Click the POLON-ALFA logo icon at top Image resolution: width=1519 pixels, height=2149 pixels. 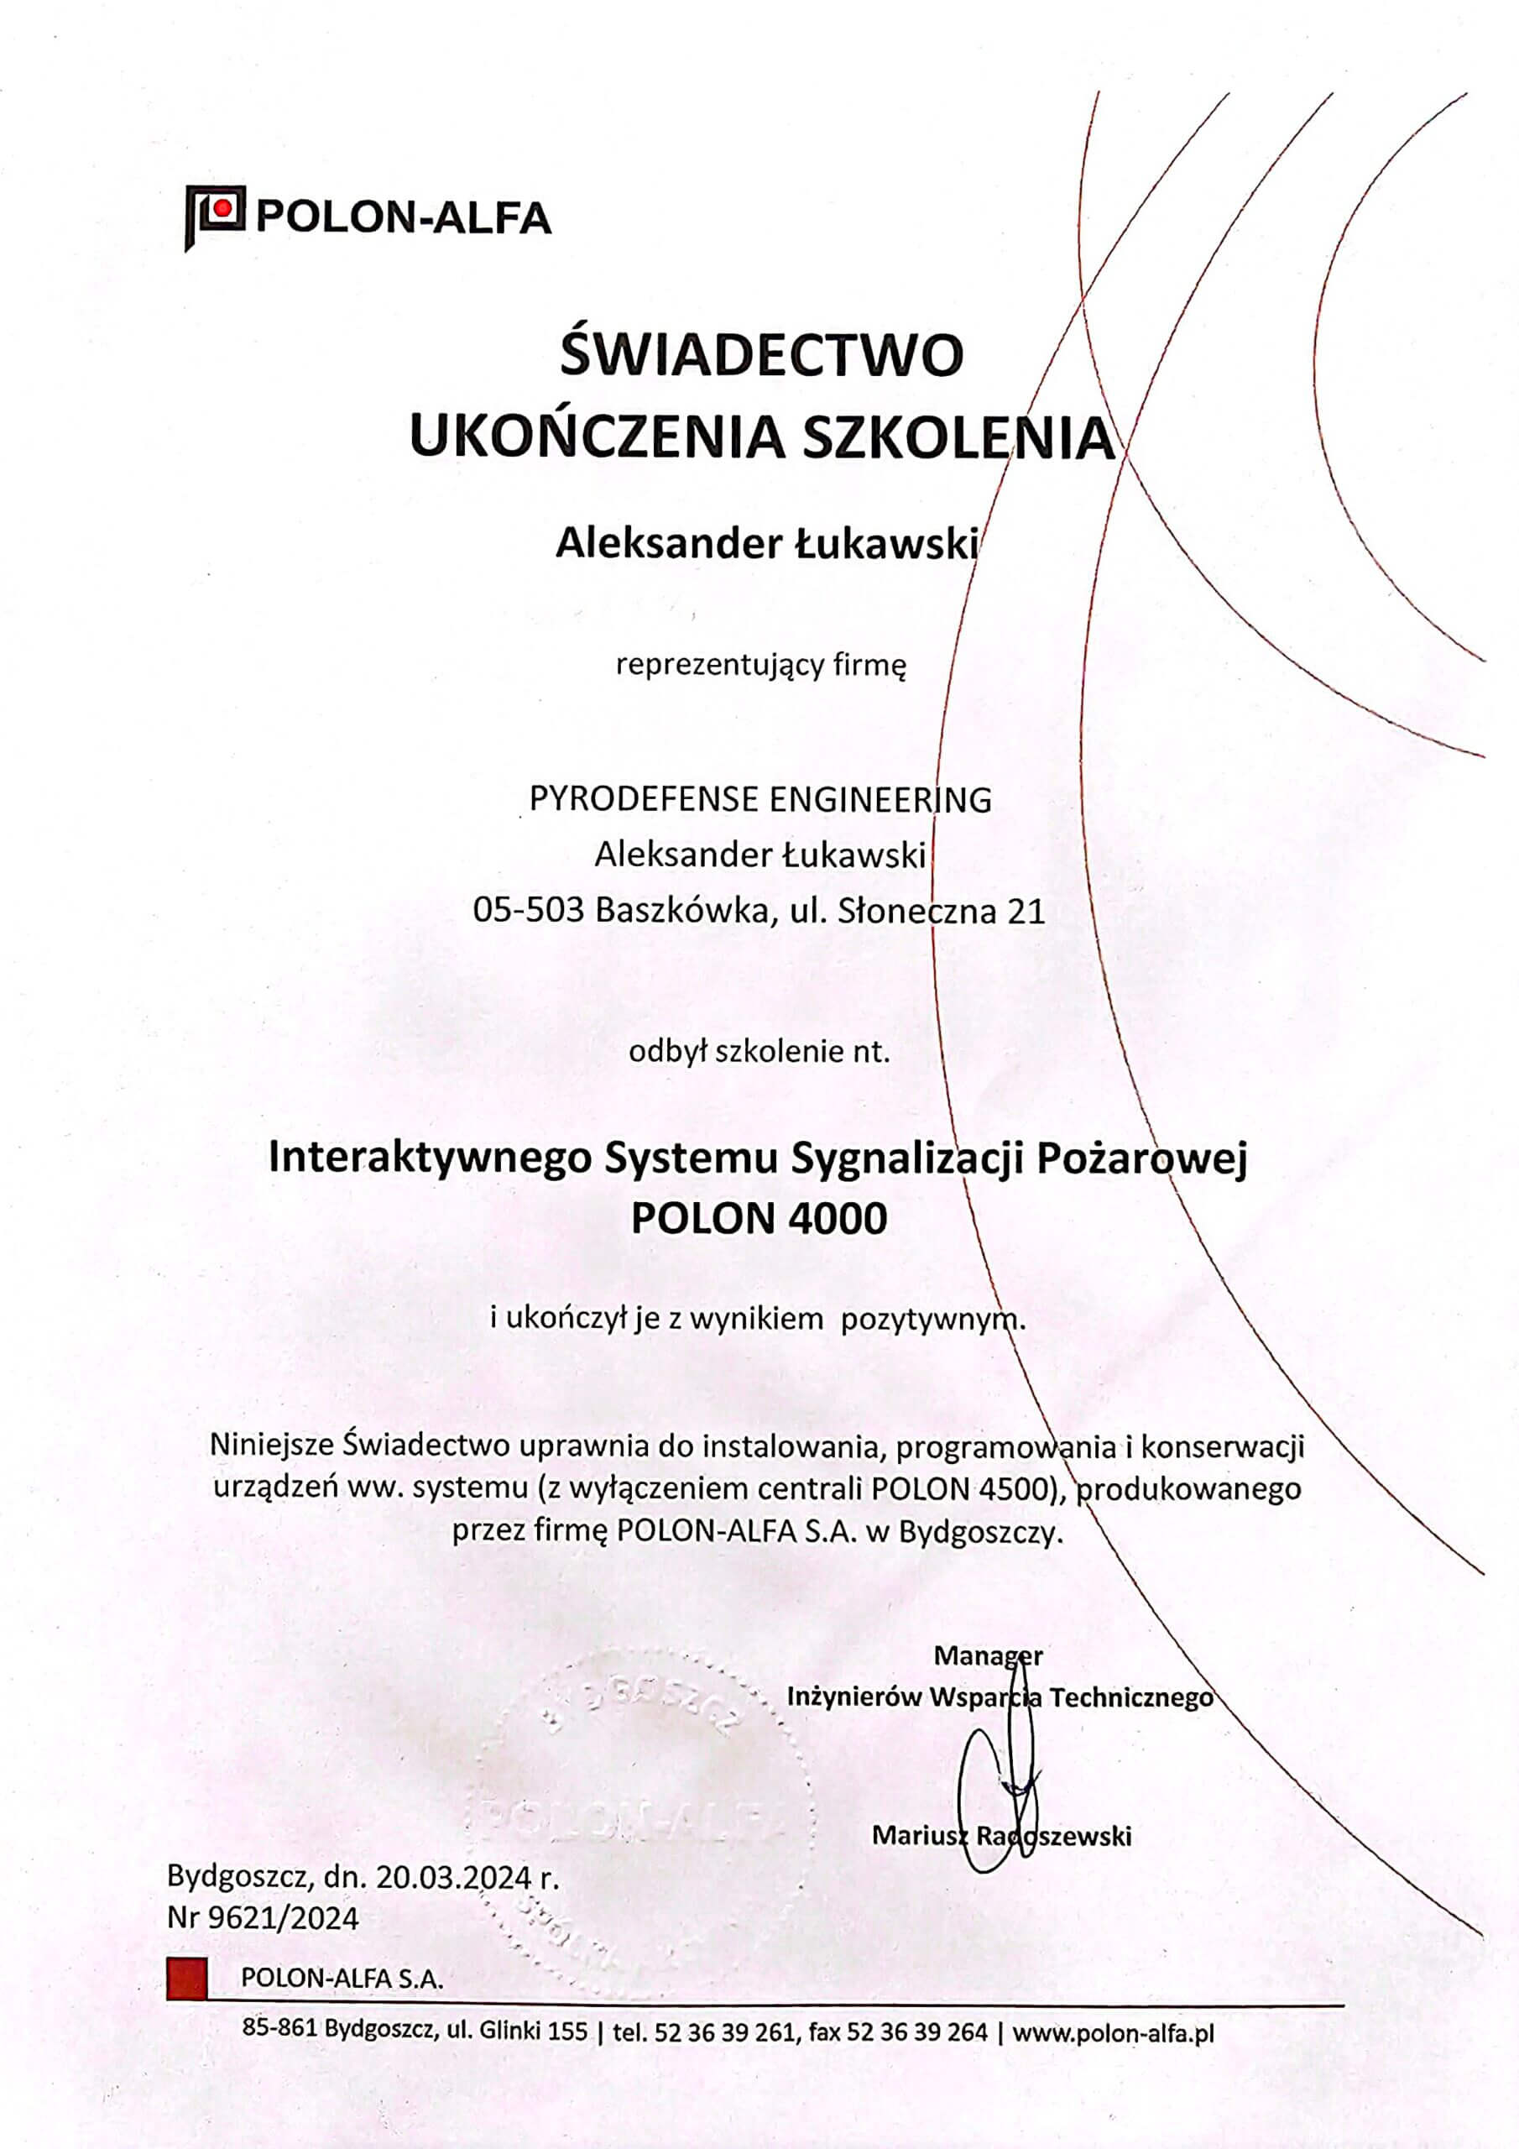click(x=214, y=215)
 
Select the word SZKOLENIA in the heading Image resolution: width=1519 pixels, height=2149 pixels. click(x=959, y=438)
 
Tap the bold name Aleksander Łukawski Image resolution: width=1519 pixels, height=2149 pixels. click(x=766, y=544)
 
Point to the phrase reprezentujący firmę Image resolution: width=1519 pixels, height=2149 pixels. click(x=761, y=666)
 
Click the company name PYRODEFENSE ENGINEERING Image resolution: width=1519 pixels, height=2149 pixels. click(x=760, y=799)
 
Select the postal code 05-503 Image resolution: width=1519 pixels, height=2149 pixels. click(x=529, y=911)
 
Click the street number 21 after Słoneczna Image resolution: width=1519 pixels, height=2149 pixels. click(x=1026, y=911)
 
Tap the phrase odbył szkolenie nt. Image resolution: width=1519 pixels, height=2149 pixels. click(x=759, y=1052)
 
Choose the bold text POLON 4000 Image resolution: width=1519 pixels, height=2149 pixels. click(x=759, y=1219)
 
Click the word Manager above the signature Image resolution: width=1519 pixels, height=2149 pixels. click(x=988, y=1655)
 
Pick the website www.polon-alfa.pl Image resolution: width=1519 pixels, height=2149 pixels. click(x=1113, y=2032)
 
